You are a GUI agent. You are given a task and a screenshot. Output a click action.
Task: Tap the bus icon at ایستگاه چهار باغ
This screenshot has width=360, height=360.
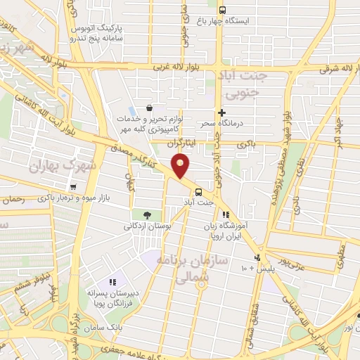pos(222,10)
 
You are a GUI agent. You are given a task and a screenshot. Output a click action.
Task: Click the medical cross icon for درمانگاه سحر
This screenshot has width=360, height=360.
pos(221,112)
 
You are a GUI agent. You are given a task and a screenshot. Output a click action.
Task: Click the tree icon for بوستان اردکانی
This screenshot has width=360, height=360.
pos(146,215)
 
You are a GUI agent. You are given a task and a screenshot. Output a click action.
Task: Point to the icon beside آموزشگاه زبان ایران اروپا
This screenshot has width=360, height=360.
pos(226,215)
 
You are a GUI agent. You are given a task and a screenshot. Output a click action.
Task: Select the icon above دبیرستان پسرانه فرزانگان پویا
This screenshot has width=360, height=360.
pos(113,282)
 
